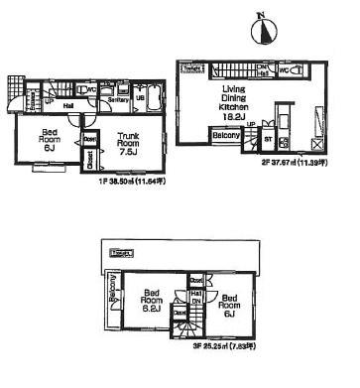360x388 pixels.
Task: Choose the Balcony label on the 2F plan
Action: (224, 136)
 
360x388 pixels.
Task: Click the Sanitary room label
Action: (118, 99)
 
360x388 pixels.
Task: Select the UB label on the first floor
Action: (141, 99)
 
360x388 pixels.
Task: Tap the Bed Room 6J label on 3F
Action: (230, 305)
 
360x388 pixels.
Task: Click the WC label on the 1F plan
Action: (91, 89)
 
